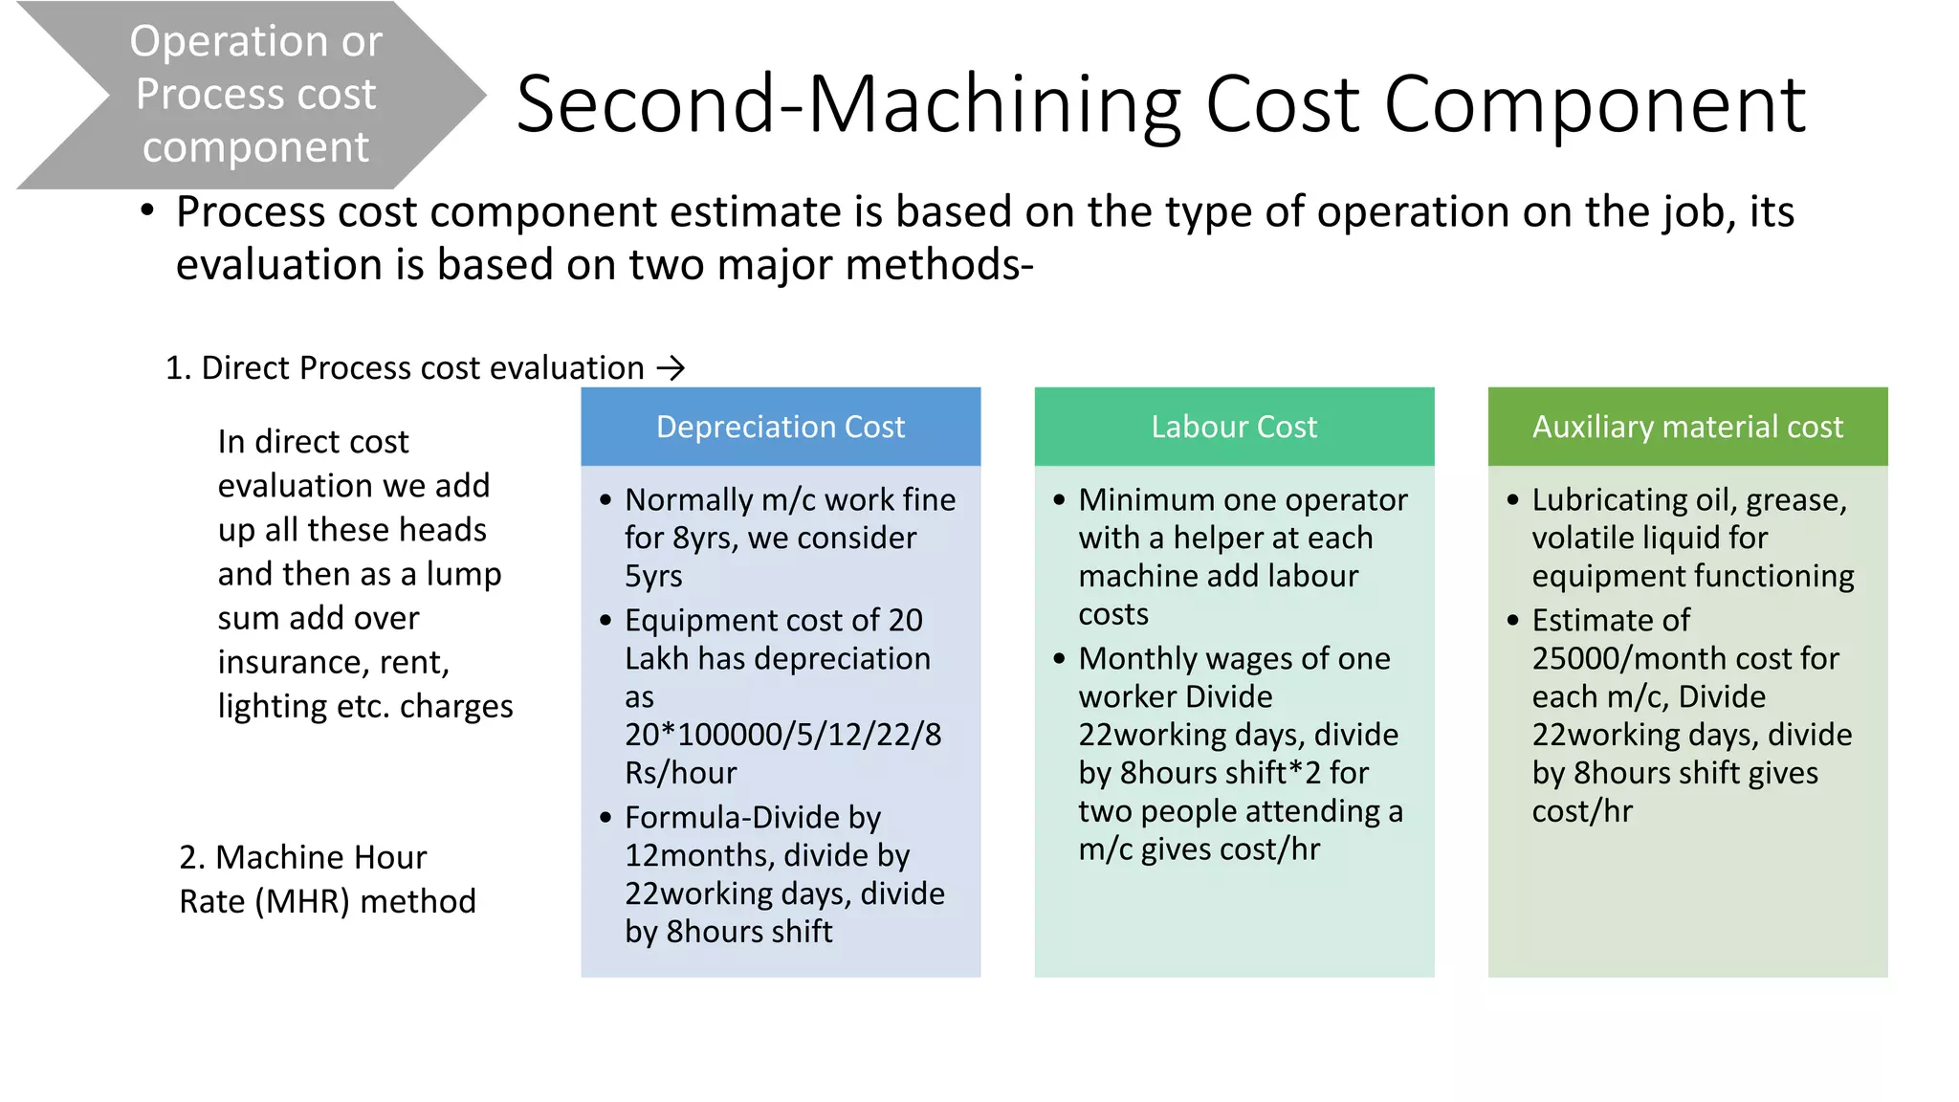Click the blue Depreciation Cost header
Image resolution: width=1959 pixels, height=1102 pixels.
(x=780, y=427)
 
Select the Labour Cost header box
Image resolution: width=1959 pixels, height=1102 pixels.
(x=1233, y=427)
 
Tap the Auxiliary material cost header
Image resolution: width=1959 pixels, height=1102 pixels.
(x=1686, y=427)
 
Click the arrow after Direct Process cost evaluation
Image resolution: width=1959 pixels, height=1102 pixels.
(x=672, y=368)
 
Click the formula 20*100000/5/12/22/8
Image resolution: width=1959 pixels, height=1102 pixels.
(x=782, y=735)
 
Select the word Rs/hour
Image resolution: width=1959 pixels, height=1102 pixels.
(x=680, y=773)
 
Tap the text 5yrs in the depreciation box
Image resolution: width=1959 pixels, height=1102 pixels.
(x=653, y=576)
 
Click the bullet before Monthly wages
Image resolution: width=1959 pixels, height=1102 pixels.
(x=1059, y=659)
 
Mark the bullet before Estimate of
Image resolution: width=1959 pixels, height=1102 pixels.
(x=1512, y=621)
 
